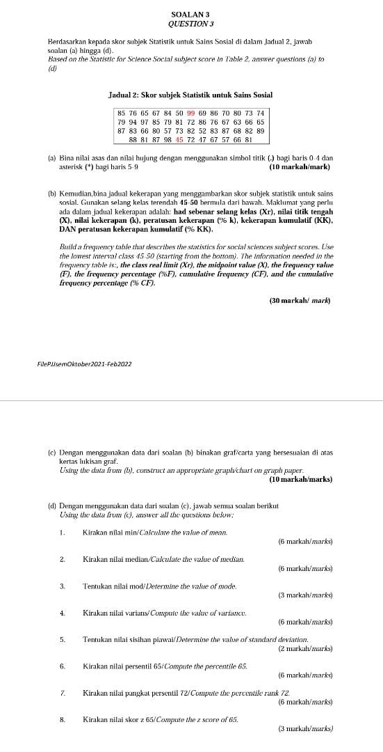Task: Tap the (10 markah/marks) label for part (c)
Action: [x=300, y=479]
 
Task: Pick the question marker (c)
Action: [x=51, y=453]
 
